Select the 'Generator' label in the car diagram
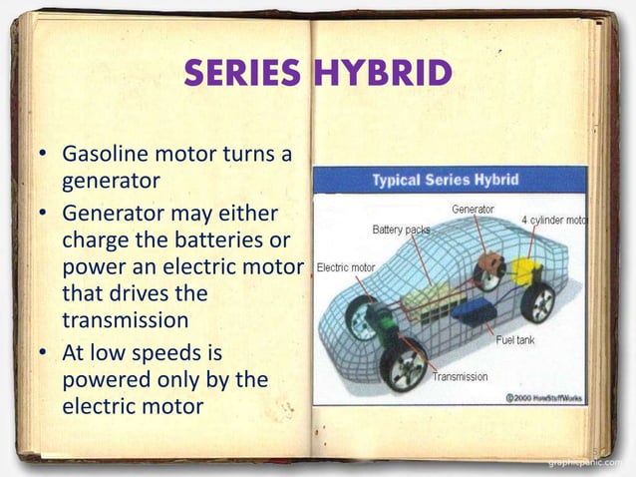(x=473, y=210)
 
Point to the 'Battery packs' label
(x=402, y=230)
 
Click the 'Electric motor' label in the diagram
(x=346, y=267)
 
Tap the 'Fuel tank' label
(x=516, y=340)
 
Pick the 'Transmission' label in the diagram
(x=460, y=376)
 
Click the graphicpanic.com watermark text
(x=588, y=465)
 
